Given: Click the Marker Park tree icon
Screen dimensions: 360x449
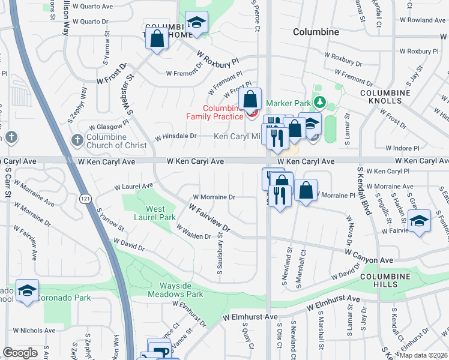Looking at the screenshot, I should [x=320, y=103].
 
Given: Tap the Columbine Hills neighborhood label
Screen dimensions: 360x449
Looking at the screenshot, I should [x=385, y=280].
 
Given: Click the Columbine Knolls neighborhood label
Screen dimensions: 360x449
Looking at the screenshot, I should [x=385, y=97].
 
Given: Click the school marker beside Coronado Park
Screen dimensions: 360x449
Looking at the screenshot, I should [x=27, y=291].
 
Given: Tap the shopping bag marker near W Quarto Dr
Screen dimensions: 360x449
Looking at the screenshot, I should [x=157, y=38].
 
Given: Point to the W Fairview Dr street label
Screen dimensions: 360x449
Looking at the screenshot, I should [x=209, y=218].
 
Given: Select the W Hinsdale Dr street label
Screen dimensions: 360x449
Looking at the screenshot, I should [x=176, y=136].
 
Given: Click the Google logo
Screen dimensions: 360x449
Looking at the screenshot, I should [x=20, y=353].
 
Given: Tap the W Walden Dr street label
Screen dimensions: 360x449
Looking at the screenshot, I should [x=193, y=232].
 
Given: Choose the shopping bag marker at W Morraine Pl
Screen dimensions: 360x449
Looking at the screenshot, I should [x=306, y=190].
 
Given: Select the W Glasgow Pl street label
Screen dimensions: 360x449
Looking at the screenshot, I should [x=109, y=127].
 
